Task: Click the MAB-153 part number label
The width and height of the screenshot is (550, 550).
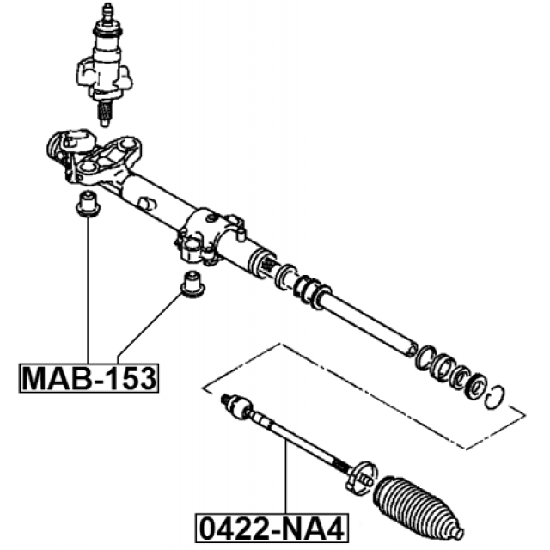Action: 89,378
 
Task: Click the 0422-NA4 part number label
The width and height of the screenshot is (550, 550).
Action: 272,529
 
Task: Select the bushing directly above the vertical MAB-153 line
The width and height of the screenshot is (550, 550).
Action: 88,204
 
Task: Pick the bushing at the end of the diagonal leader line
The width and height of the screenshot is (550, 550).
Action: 192,284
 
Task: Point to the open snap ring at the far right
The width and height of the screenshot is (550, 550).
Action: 495,397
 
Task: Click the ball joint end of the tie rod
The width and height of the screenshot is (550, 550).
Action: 237,406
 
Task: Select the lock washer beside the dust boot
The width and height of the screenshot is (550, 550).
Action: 362,476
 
